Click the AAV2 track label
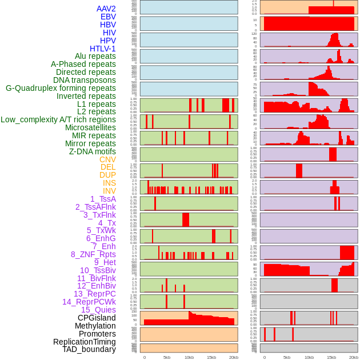pyautogui.click(x=106, y=9)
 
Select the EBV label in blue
pyautogui.click(x=108, y=17)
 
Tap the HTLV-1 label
pyautogui.click(x=103, y=49)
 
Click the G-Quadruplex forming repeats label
pyautogui.click(x=61, y=88)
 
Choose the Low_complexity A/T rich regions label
pyautogui.click(x=58, y=119)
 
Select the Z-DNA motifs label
pyautogui.click(x=93, y=151)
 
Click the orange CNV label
pyautogui.click(x=107, y=159)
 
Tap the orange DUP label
pyautogui.click(x=107, y=175)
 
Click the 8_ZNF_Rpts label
pyautogui.click(x=93, y=254)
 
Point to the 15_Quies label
pyautogui.click(x=98, y=310)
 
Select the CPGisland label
pyautogui.click(x=97, y=318)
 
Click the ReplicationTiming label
pyautogui.click(x=84, y=342)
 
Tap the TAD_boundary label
pyautogui.click(x=89, y=349)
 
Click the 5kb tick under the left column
pyautogui.click(x=167, y=357)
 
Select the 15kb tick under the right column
pyautogui.click(x=331, y=357)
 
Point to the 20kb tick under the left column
pyautogui.click(x=234, y=357)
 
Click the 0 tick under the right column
pyautogui.click(x=264, y=357)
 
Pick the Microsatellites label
pyautogui.click(x=90, y=127)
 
